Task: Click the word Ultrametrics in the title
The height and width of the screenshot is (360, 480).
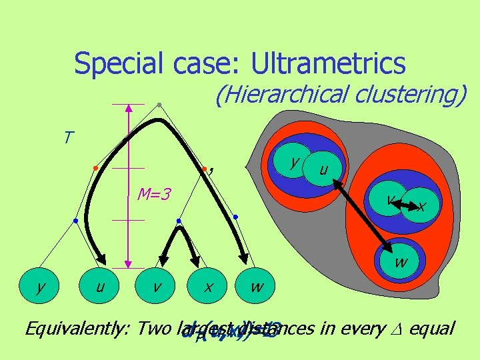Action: click(327, 63)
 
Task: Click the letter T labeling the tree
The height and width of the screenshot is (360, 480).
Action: click(68, 138)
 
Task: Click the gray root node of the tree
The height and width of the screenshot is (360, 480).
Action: click(159, 104)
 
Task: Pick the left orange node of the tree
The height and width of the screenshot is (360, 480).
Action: click(95, 167)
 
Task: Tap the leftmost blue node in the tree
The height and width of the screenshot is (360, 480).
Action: click(76, 220)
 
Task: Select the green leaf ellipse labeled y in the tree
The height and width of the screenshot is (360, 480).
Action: click(41, 287)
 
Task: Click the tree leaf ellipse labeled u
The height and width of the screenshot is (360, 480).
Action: click(99, 287)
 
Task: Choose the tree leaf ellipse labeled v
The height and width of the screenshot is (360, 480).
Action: click(155, 287)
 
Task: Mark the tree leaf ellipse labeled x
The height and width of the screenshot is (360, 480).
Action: click(209, 287)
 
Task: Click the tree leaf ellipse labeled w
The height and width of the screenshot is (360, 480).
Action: click(256, 287)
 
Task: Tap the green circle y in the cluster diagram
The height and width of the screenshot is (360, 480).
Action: click(294, 161)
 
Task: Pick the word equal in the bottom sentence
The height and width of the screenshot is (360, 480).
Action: click(434, 329)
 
